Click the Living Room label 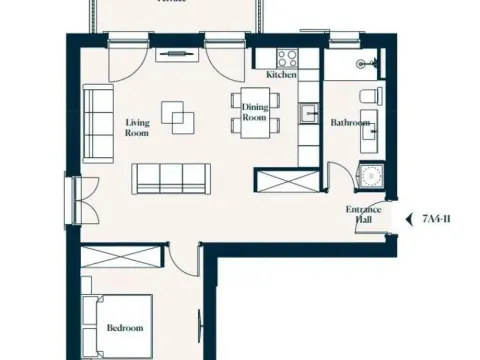pos(137,127)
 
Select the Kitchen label pos(281,75)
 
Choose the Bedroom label pos(124,328)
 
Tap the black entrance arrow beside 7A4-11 pos(409,217)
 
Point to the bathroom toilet pos(372,95)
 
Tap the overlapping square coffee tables pos(179,117)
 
